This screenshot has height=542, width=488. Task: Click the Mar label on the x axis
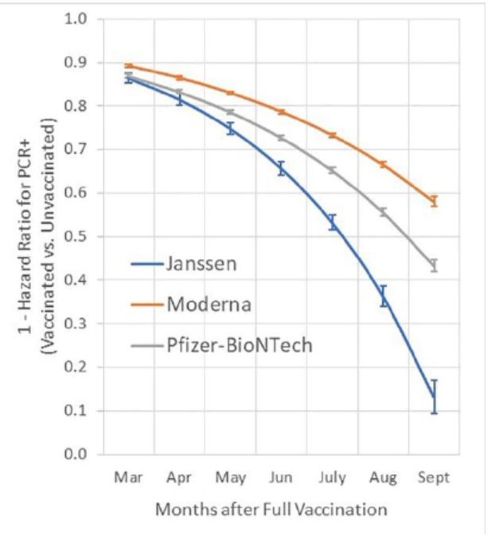point(128,477)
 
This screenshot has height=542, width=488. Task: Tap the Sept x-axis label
point(434,477)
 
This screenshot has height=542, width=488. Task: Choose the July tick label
point(332,477)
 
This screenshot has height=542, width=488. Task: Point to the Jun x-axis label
point(281,477)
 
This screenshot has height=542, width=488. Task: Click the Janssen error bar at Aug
point(383,296)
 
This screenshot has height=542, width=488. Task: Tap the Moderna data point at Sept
point(434,201)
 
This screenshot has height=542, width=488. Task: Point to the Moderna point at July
point(332,135)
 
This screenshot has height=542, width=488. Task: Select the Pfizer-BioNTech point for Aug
point(383,212)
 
